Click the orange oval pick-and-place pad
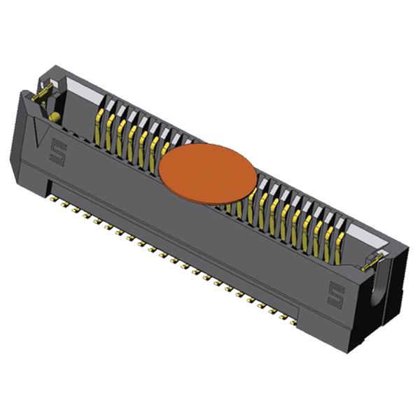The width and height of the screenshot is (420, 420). click(208, 174)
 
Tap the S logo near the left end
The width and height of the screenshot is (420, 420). click(57, 153)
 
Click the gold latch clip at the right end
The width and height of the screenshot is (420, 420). click(371, 263)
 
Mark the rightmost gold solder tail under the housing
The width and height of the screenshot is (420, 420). click(293, 323)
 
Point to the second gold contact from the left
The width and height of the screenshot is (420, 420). click(108, 130)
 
